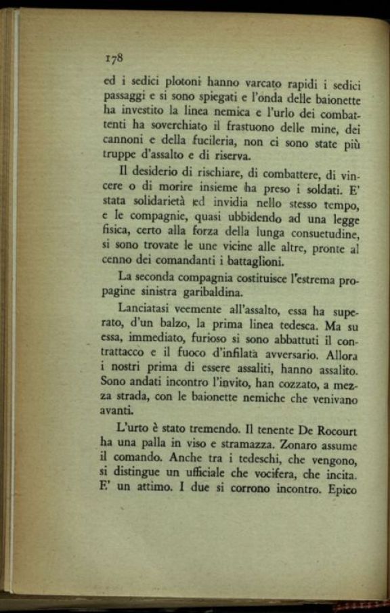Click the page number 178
pos(112,58)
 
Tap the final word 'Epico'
pos(340,490)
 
